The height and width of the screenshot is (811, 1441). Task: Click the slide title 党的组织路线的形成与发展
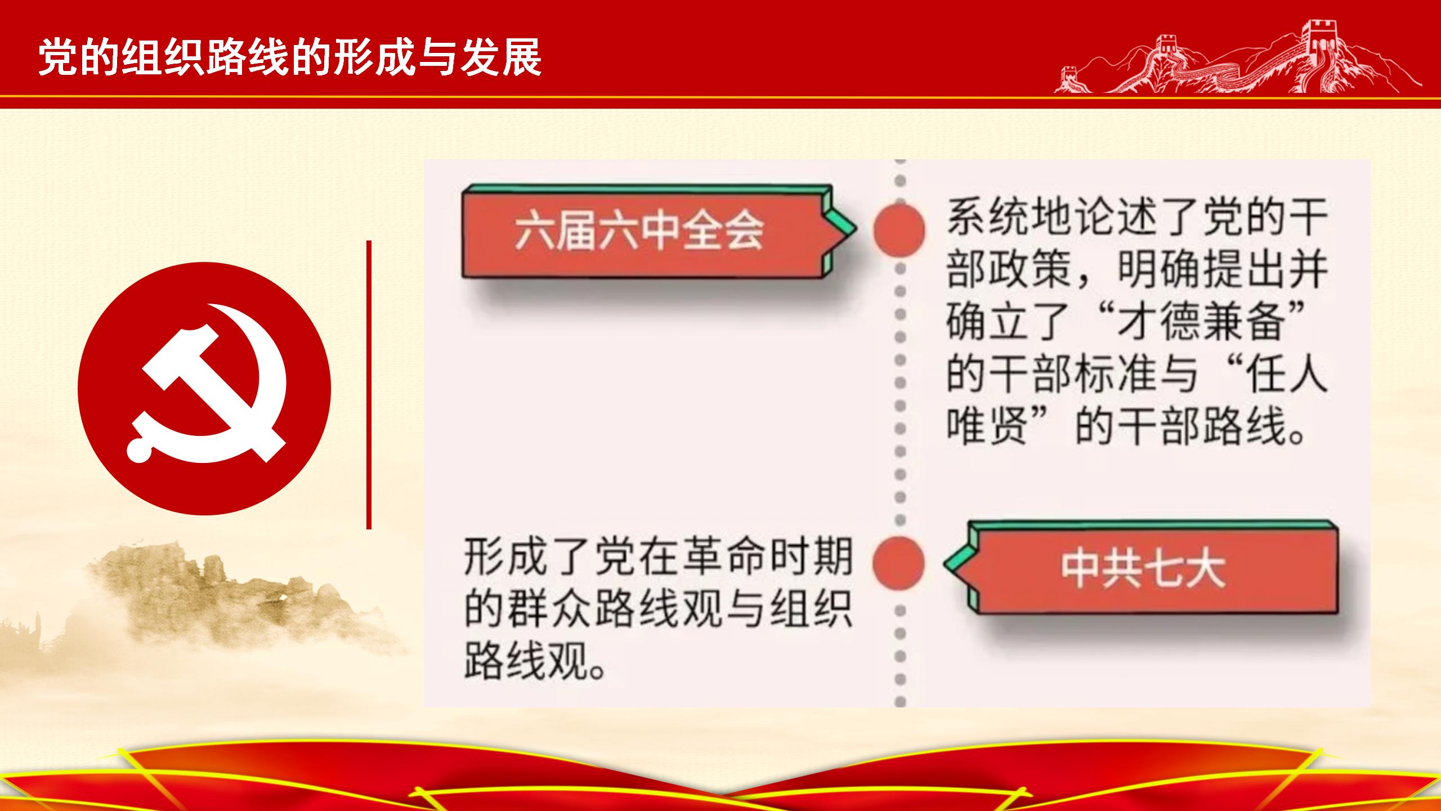(290, 57)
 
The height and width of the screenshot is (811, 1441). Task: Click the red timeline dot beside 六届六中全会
(899, 230)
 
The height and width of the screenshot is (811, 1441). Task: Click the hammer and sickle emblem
(204, 389)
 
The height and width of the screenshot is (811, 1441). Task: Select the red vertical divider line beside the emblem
(369, 385)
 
